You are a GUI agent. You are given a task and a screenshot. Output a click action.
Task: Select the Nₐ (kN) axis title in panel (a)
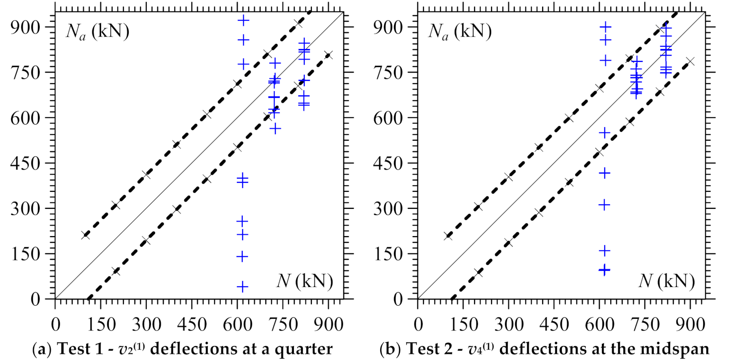click(97, 32)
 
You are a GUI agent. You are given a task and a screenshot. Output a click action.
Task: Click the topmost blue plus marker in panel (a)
click(243, 20)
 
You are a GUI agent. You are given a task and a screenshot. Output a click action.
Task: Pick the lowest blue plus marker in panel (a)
click(243, 286)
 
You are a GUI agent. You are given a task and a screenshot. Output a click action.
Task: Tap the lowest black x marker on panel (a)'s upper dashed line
click(86, 235)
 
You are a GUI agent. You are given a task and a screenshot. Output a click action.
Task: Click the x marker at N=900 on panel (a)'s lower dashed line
click(328, 55)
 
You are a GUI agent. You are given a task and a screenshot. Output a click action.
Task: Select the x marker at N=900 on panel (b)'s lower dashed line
click(690, 62)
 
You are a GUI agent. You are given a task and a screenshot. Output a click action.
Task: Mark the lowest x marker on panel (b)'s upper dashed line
click(448, 236)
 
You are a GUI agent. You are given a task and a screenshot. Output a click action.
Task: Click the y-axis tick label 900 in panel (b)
click(388, 27)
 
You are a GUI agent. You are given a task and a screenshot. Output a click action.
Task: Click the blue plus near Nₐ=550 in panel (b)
click(605, 133)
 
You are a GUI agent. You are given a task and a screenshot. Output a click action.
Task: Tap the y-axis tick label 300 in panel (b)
click(388, 209)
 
